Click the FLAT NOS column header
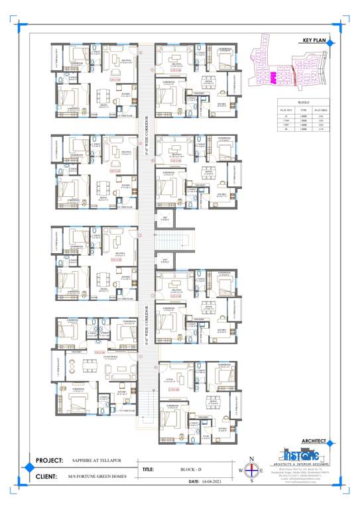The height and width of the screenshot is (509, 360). [x=286, y=109]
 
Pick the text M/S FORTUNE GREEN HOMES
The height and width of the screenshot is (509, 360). [x=98, y=476]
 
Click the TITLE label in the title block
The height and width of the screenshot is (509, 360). [x=149, y=470]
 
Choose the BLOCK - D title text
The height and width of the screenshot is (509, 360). [x=192, y=470]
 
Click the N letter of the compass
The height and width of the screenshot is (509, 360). [x=251, y=459]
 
